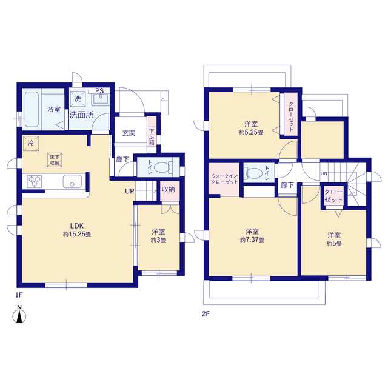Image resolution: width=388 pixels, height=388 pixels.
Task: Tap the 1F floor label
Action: tap(19, 295)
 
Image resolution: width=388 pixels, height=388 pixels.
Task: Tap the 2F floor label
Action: tap(206, 314)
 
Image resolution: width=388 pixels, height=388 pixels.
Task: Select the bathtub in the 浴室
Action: tap(32, 109)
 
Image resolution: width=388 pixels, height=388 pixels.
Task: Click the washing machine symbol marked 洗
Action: tap(78, 99)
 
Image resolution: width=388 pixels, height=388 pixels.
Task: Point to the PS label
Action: tap(99, 90)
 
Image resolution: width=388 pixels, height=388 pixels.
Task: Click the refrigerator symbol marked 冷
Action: tap(31, 143)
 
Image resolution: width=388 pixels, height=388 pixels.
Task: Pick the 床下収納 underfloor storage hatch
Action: tap(55, 160)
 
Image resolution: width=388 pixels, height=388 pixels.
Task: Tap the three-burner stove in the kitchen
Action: tap(35, 181)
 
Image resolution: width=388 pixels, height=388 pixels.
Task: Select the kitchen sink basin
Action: tap(72, 181)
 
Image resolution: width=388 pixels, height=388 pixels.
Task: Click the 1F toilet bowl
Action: tap(162, 167)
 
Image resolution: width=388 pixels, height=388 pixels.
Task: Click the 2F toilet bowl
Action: tap(253, 173)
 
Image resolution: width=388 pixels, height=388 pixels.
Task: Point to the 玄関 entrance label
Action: tap(129, 133)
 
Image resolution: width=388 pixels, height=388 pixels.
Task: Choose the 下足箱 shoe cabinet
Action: tap(152, 135)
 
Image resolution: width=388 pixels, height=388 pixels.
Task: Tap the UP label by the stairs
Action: tap(129, 191)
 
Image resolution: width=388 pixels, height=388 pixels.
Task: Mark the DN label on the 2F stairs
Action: tap(324, 173)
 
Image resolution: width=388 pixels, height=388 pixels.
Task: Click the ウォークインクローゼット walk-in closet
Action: tap(224, 179)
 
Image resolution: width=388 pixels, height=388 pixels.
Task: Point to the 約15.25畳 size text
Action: tap(77, 234)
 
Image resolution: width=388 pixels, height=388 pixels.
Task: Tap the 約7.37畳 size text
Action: tap(252, 240)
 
